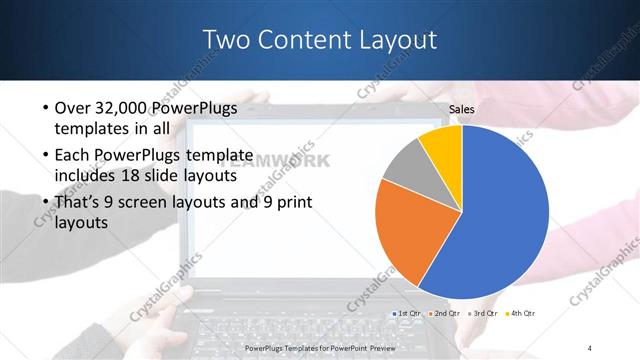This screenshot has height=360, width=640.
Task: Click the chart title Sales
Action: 462,109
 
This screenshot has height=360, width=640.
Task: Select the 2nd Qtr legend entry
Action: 446,313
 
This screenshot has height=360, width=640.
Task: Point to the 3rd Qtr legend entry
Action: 483,313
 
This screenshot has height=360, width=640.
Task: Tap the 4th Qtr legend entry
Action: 521,313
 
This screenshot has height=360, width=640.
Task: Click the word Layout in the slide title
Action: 394,40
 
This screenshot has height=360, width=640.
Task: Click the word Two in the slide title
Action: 226,40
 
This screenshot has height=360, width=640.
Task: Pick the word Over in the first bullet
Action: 72,108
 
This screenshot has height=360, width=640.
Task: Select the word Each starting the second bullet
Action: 72,155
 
